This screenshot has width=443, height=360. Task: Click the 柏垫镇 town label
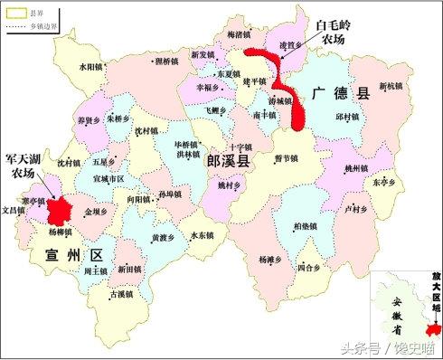(x=306, y=226)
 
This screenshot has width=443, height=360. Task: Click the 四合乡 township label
(x=308, y=268)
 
